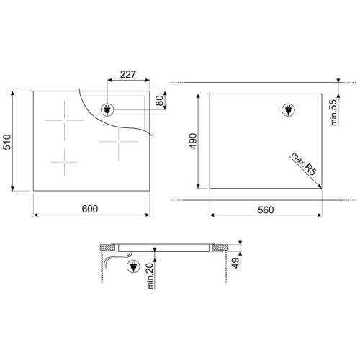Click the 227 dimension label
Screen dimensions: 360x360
(128, 74)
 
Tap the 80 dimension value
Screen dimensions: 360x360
(159, 100)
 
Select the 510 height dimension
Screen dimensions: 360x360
(7, 142)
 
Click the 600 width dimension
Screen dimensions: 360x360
(90, 209)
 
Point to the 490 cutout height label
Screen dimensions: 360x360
(193, 141)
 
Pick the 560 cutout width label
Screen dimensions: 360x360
(266, 210)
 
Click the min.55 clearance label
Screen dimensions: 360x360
(334, 112)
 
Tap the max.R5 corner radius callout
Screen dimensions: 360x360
(304, 164)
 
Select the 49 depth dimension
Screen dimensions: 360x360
(235, 263)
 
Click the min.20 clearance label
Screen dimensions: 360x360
(150, 276)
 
